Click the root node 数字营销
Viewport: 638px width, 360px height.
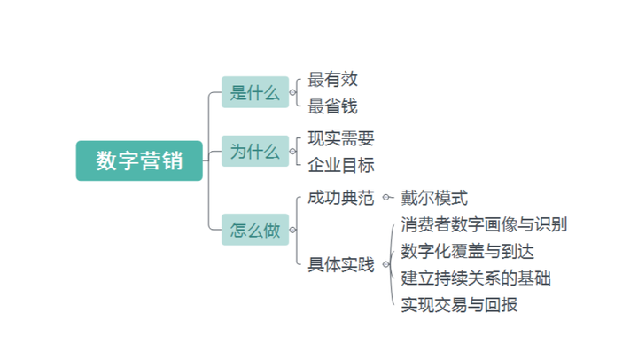(x=139, y=160)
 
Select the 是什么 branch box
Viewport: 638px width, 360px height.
(x=255, y=92)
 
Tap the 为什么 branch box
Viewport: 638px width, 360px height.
(x=255, y=151)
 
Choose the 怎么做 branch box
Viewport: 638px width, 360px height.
(x=255, y=230)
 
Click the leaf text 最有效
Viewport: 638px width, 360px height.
(x=333, y=79)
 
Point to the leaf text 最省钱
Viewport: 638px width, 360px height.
(x=333, y=106)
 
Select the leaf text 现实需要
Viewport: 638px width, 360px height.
(x=341, y=138)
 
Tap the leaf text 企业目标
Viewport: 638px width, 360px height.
(x=341, y=165)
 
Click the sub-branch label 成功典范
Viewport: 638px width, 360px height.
(x=341, y=198)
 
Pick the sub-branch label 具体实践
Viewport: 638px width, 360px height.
(x=341, y=264)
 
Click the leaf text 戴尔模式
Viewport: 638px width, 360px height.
(x=434, y=198)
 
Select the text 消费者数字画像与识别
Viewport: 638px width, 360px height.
(x=484, y=224)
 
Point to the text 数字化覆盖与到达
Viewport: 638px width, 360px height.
(x=468, y=251)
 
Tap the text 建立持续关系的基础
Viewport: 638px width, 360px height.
(x=476, y=278)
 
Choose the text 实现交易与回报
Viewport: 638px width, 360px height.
(x=459, y=305)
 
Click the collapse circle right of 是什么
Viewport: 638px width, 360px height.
(x=292, y=92)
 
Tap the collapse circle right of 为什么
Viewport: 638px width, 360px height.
(x=292, y=152)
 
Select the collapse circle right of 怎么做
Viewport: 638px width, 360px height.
(x=292, y=230)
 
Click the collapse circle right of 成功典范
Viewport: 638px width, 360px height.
(x=385, y=198)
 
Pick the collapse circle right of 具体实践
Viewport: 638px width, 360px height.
(x=385, y=264)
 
